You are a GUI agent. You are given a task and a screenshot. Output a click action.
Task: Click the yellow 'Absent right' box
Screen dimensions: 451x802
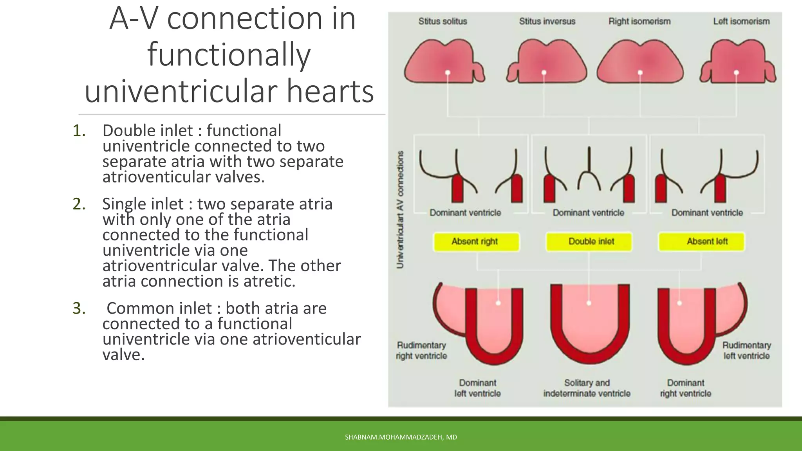476,242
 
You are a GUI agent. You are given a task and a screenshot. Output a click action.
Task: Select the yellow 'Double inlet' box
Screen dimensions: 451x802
589,242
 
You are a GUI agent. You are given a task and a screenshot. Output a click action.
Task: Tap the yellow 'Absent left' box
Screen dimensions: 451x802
701,242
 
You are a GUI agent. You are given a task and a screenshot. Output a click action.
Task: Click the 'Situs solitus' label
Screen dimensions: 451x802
443,22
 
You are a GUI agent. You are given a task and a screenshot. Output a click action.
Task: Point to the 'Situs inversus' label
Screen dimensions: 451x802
547,22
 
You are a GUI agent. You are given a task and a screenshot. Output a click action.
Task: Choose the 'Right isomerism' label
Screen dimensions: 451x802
639,22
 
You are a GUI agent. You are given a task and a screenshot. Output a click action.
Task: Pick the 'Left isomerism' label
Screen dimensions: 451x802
741,22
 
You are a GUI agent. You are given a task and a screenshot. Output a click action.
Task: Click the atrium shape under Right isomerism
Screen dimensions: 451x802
640,63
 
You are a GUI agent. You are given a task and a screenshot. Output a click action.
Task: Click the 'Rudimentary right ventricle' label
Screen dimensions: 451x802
421,350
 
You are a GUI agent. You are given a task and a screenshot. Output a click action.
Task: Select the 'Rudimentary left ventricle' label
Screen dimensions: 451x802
746,350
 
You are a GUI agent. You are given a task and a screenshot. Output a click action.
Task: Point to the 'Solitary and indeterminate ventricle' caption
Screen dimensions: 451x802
587,388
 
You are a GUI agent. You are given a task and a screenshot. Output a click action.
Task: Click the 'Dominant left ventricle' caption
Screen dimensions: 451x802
477,388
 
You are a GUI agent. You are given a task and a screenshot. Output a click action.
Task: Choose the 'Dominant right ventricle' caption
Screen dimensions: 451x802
685,388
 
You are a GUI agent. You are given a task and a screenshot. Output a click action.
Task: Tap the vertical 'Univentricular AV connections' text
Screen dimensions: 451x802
400,210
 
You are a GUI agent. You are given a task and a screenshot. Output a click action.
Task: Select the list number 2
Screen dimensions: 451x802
79,204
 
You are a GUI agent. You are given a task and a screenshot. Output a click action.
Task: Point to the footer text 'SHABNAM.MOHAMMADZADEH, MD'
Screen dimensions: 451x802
401,437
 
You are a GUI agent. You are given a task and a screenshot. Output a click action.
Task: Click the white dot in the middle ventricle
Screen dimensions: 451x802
589,303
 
